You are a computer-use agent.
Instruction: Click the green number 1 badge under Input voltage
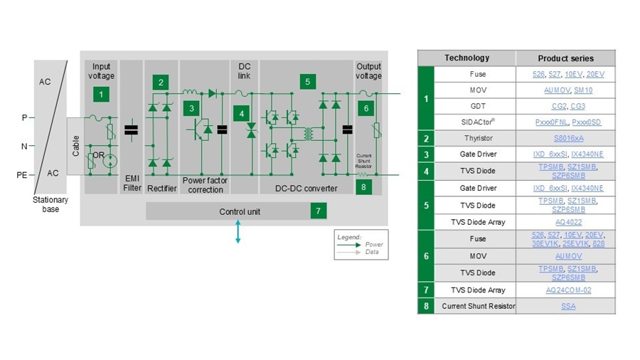coord(101,93)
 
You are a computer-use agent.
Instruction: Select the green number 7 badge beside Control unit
coord(317,211)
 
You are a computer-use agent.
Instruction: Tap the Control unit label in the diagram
coord(239,212)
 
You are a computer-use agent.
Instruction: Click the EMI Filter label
coord(132,184)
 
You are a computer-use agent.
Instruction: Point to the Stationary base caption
coord(50,205)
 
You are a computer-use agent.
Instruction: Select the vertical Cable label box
coord(76,146)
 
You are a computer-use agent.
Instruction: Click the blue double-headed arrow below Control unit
coord(238,233)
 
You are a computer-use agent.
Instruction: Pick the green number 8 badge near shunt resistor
coord(364,187)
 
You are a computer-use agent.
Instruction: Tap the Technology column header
coord(466,58)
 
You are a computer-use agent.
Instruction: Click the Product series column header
coord(565,58)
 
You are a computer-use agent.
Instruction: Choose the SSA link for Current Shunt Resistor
coord(566,307)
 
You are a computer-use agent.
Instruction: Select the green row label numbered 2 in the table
coord(426,138)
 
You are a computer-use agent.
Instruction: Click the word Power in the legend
coord(374,245)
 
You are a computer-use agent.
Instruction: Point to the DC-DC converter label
coord(306,189)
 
